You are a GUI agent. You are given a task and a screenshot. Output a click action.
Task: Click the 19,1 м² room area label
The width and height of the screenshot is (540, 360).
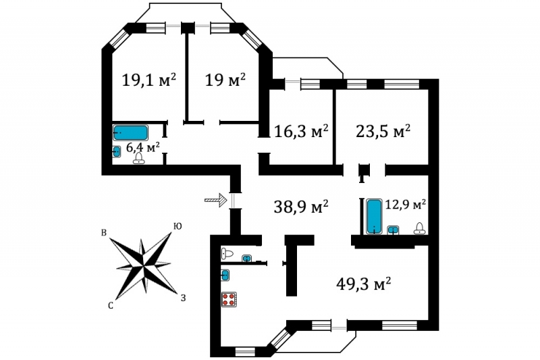pyautogui.click(x=149, y=80)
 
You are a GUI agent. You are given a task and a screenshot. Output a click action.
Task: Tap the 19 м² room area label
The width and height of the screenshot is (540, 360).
pyautogui.click(x=225, y=80)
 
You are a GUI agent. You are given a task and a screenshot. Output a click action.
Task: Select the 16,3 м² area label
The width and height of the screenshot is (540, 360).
pyautogui.click(x=301, y=131)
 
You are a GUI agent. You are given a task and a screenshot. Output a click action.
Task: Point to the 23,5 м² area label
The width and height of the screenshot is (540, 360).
pyautogui.click(x=383, y=131)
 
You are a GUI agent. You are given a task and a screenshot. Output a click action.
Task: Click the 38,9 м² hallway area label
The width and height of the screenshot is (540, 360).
pyautogui.click(x=301, y=207)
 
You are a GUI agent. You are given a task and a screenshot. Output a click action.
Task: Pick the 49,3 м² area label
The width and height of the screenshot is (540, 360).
pyautogui.click(x=363, y=284)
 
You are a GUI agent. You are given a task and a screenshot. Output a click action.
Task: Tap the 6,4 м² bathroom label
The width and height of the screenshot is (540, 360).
pyautogui.click(x=143, y=147)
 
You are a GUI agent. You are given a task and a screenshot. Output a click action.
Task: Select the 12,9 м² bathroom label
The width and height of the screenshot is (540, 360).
pyautogui.click(x=406, y=205)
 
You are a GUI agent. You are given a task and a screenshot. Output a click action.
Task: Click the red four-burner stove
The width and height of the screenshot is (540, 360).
pyautogui.click(x=229, y=299)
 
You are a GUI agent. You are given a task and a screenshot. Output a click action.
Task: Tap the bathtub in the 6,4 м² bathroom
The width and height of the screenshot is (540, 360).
pyautogui.click(x=130, y=132)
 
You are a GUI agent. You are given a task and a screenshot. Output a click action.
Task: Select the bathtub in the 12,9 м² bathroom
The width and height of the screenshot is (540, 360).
pyautogui.click(x=374, y=216)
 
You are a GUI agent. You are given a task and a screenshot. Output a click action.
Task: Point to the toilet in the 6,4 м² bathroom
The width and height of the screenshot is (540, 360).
pyautogui.click(x=139, y=158)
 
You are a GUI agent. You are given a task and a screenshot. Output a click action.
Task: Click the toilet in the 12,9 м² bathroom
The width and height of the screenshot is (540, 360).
pyautogui.click(x=419, y=228)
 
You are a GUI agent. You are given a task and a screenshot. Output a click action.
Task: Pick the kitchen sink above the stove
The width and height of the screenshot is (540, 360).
pyautogui.click(x=225, y=276)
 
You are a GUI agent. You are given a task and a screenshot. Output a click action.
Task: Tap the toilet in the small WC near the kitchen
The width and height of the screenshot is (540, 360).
pyautogui.click(x=227, y=254)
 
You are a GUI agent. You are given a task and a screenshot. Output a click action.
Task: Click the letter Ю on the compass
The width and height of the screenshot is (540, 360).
pyautogui.click(x=178, y=226)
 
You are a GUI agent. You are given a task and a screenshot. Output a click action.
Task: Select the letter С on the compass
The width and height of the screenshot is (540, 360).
pyautogui.click(x=111, y=305)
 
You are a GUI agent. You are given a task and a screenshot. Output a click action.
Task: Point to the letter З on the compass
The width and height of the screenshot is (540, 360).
pyautogui.click(x=183, y=298)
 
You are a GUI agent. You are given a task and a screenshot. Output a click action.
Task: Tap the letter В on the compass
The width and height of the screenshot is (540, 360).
pyautogui.click(x=104, y=233)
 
